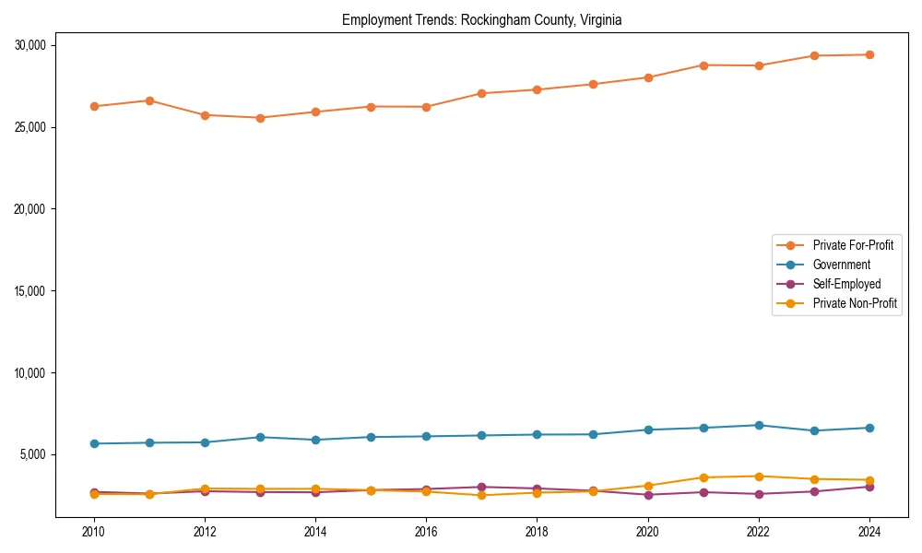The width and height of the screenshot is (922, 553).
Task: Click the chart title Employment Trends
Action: (x=481, y=20)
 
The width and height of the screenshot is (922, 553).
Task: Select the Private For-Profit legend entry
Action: (x=853, y=245)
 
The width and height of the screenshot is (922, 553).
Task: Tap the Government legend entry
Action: (x=841, y=265)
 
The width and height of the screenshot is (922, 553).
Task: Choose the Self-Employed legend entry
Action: (x=846, y=284)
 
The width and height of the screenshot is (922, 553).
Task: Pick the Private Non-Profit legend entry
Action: (x=855, y=303)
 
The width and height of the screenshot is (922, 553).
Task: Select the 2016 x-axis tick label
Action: (x=426, y=532)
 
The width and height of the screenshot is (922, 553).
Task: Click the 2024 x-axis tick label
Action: (x=869, y=532)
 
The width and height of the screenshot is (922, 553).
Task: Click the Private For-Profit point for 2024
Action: (x=869, y=54)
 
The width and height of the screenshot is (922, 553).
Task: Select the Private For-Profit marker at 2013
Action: (x=260, y=118)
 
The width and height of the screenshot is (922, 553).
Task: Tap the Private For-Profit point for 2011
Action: (x=149, y=100)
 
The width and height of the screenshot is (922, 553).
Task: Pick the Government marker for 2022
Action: (x=759, y=425)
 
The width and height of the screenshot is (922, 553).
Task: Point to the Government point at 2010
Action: (x=94, y=443)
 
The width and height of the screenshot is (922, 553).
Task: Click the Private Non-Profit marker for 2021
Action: (x=703, y=477)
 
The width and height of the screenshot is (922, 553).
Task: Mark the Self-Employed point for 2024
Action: (x=869, y=487)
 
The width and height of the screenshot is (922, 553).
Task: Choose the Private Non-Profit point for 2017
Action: (x=481, y=496)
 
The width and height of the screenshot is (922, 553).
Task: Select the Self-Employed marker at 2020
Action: (x=648, y=495)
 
